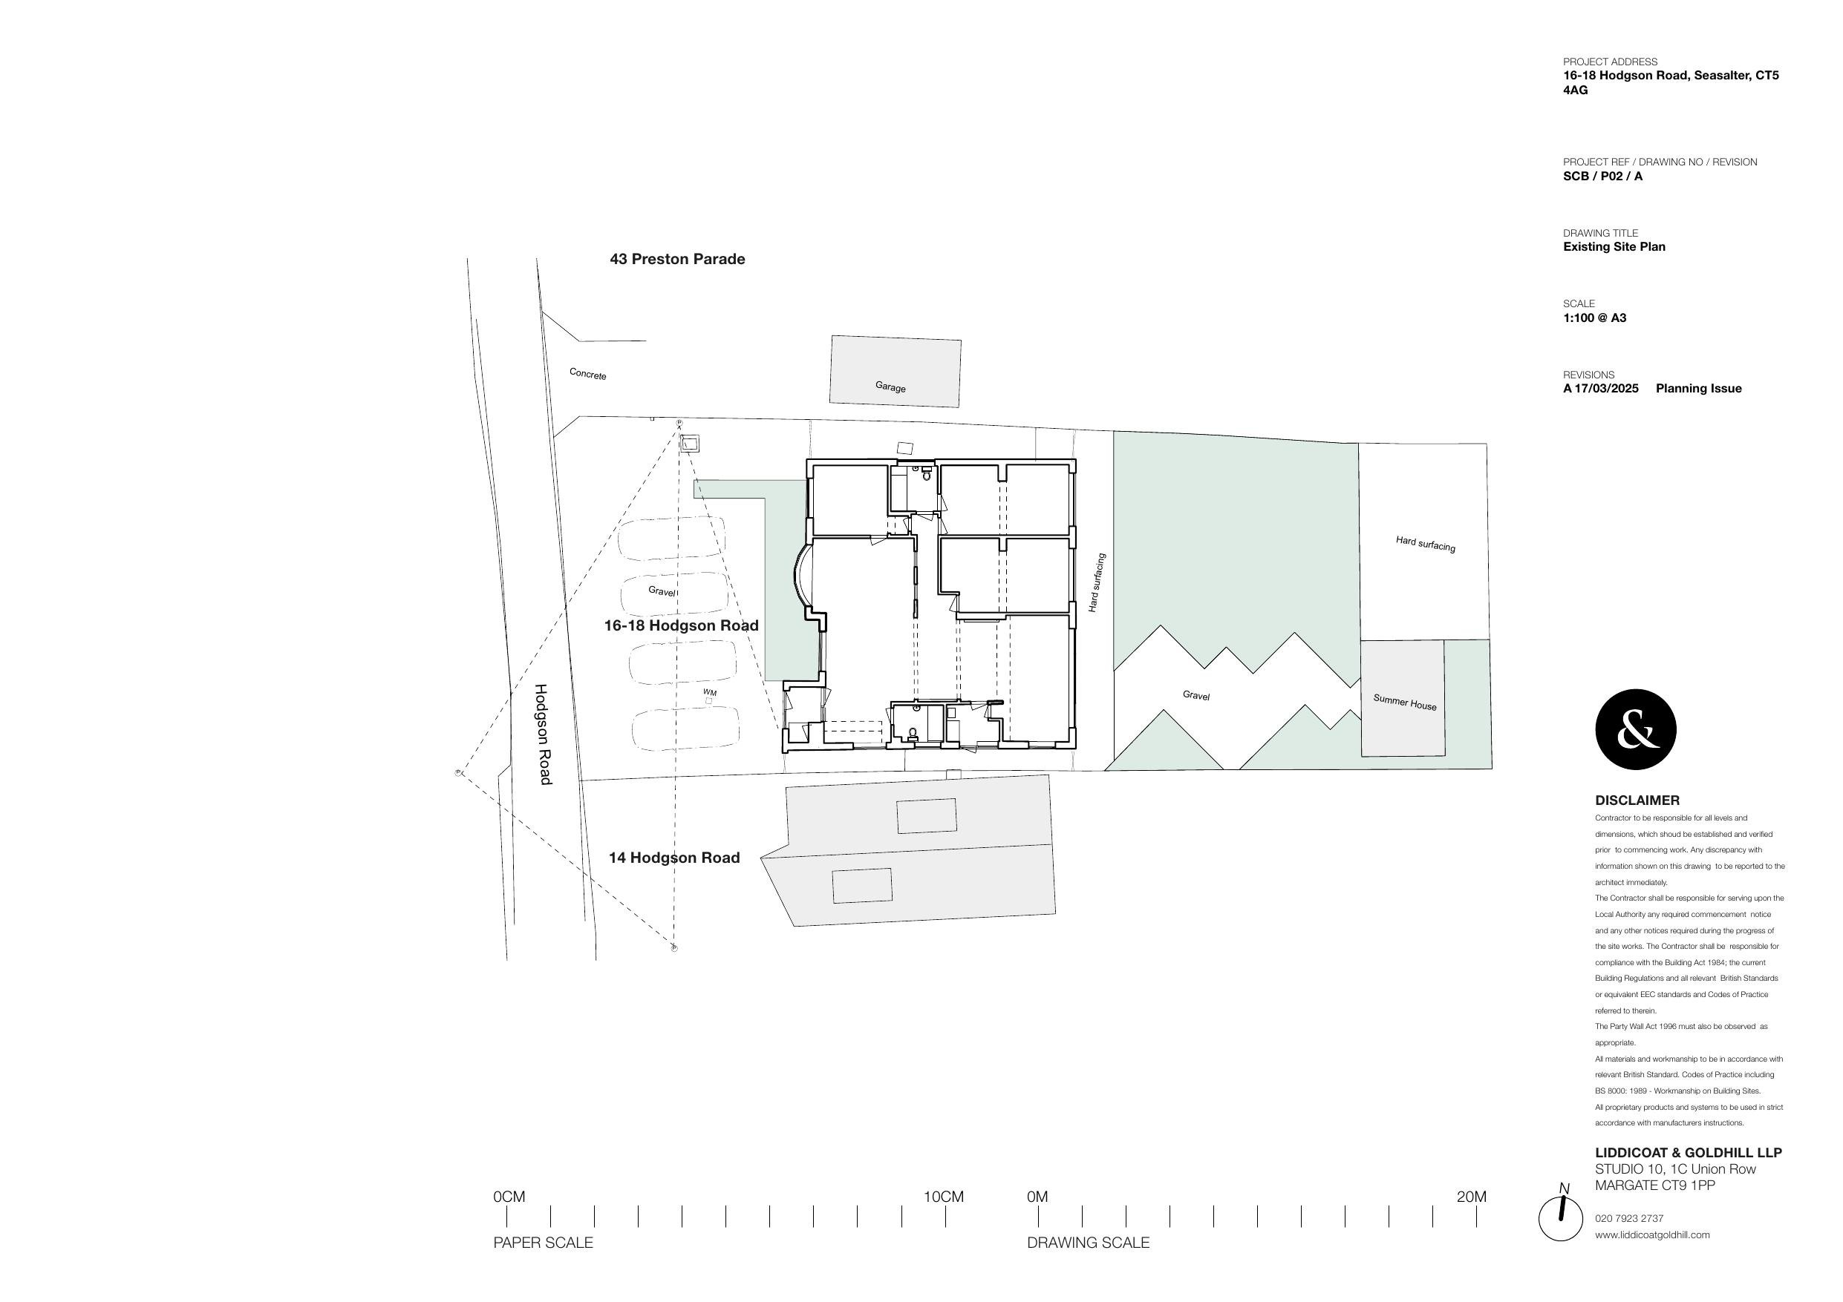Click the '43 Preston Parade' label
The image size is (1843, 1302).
tap(676, 259)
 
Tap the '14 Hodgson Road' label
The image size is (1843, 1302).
tap(673, 858)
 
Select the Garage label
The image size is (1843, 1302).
tap(890, 387)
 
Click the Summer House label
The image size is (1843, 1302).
tap(1404, 702)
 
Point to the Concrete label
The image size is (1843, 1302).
tap(587, 374)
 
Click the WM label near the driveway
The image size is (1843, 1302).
tap(710, 692)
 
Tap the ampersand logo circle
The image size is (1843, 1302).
tap(1635, 729)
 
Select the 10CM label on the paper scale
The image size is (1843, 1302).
tap(943, 1197)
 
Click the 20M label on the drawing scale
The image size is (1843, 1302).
tap(1470, 1197)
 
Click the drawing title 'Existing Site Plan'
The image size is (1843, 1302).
tap(1614, 247)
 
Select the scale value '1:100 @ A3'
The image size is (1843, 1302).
tap(1594, 318)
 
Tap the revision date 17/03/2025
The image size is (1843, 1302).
tap(1606, 388)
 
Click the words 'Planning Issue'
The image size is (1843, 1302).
tap(1698, 388)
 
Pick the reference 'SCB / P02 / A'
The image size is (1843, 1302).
tap(1602, 177)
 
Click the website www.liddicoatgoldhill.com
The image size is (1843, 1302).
tap(1652, 1234)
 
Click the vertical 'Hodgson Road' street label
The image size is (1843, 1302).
tap(544, 734)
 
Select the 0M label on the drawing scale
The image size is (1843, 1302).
tap(1037, 1197)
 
